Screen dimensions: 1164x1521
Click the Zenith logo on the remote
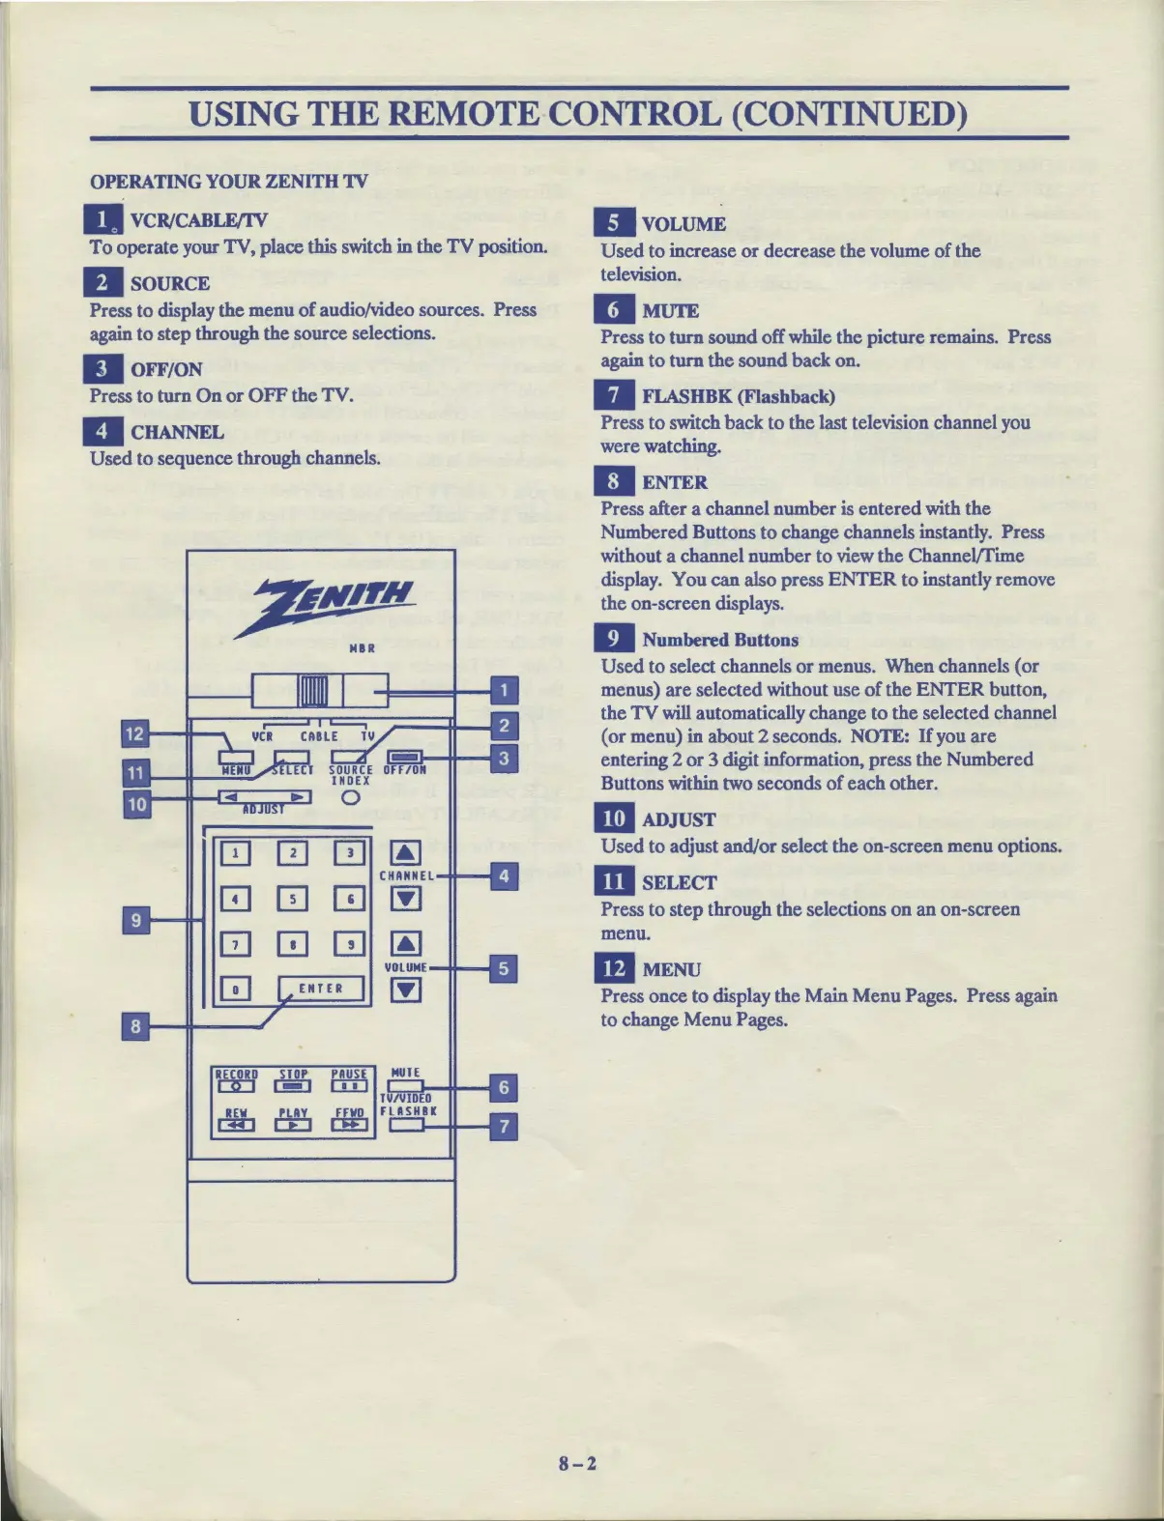point(335,606)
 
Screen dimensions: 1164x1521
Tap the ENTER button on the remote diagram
point(321,988)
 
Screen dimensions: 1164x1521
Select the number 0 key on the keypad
point(235,989)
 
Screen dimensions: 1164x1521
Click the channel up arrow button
point(406,851)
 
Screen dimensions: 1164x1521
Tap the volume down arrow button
point(406,990)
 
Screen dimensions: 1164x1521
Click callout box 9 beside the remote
point(136,920)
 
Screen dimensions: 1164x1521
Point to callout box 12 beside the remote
point(134,733)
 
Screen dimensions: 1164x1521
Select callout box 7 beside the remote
point(503,1127)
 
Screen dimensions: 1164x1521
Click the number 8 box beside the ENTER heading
point(614,481)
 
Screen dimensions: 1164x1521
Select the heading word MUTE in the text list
point(670,310)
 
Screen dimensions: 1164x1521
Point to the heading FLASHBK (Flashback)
point(738,395)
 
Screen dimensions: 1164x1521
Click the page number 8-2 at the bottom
point(578,1463)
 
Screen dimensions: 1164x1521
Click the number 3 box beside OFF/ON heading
point(102,368)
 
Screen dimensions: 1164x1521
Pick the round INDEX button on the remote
point(351,797)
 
